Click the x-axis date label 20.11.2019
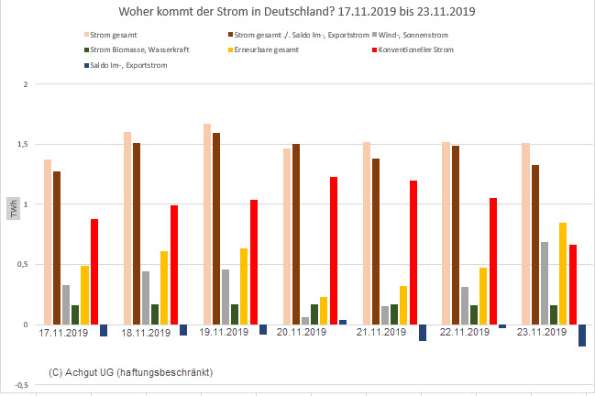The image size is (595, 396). click(303, 333)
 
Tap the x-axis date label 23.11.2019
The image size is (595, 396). click(542, 333)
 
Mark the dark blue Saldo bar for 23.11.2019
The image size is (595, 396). click(581, 335)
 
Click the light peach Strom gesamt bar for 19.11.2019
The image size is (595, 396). click(207, 224)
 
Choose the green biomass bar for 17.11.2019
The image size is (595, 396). click(75, 314)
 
